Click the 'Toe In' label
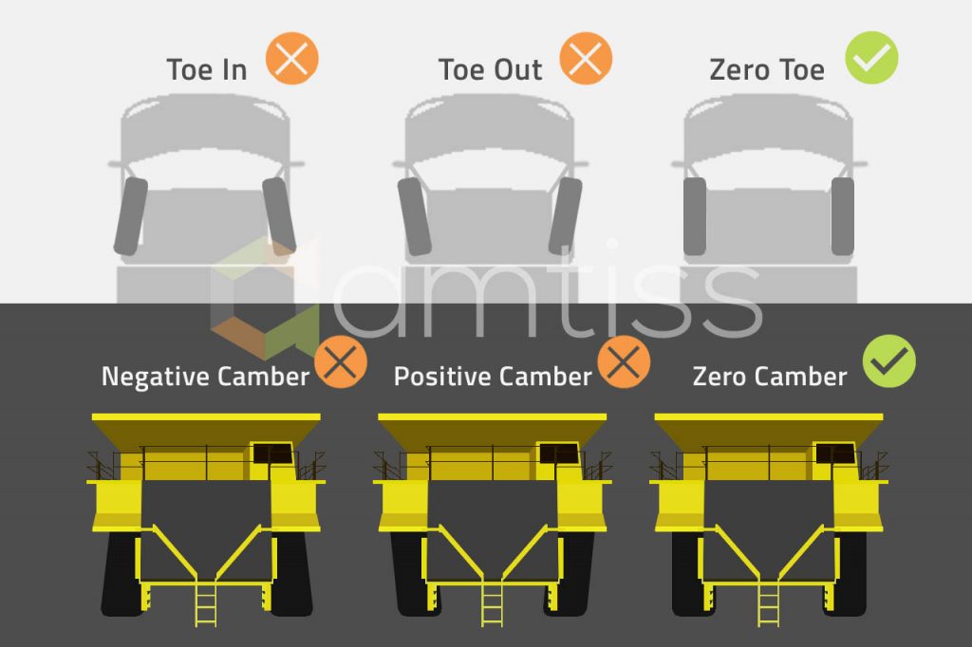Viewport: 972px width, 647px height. coord(207,69)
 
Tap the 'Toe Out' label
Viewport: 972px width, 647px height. coord(491,69)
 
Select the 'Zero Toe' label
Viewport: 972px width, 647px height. coord(767,69)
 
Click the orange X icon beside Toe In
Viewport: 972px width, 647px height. coord(292,58)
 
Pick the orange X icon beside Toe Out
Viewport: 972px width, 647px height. coord(586,58)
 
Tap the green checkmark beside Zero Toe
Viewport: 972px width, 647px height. coord(871,58)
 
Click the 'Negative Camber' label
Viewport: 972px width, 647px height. coord(205,377)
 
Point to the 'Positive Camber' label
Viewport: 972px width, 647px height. coord(493,377)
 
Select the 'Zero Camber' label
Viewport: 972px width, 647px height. coord(770,377)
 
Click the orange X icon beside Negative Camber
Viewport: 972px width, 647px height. coord(341,362)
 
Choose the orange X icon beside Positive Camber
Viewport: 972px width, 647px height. coord(625,362)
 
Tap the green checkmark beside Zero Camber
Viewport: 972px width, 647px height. coord(889,361)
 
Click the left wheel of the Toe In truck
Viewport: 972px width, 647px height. coord(131,216)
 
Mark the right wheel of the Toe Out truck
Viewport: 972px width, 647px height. coord(566,216)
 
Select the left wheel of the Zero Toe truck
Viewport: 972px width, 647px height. coord(694,216)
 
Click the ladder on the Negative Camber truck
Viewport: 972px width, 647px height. coord(206,605)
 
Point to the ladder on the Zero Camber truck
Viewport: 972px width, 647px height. coord(769,605)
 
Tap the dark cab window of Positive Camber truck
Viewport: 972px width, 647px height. coord(558,453)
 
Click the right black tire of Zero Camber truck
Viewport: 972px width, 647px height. coord(847,574)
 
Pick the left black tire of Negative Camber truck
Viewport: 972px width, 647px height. coord(121,574)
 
